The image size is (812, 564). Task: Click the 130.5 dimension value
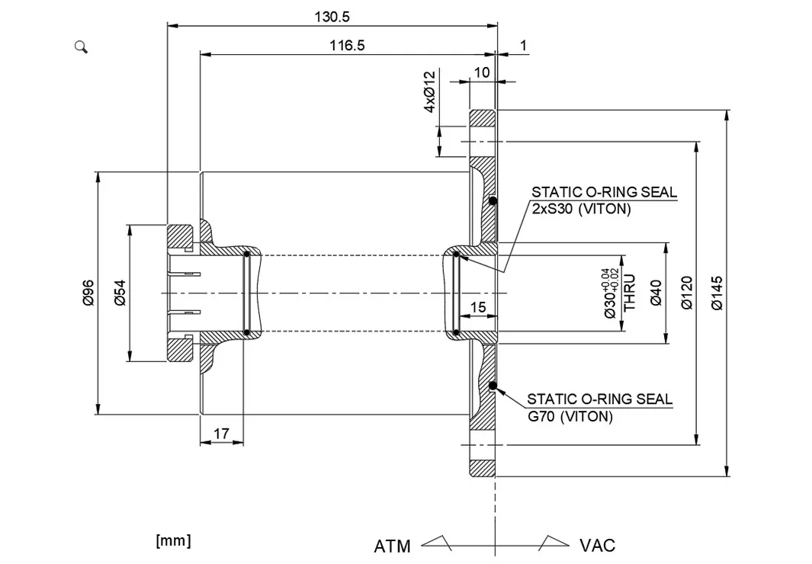coord(332,16)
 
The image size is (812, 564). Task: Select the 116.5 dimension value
coord(347,46)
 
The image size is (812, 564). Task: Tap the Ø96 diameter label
coord(88,293)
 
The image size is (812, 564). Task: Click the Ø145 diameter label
coord(717,293)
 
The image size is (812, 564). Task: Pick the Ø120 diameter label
coord(686,293)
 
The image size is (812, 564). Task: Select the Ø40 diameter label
coord(656,293)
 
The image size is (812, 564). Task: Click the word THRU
coord(631,293)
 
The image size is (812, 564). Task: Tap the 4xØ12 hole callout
coord(429,91)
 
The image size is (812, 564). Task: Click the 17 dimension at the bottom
coord(221,434)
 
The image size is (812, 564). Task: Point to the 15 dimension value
coord(478,307)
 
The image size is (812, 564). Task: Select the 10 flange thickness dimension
coord(482,72)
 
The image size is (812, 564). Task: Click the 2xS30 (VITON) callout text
coord(581,209)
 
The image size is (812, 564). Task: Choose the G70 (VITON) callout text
coord(570,416)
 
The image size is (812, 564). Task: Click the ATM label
coord(392,546)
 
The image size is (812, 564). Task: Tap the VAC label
coord(597,545)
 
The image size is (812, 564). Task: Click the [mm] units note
coord(173,540)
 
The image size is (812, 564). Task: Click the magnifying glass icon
coord(82,47)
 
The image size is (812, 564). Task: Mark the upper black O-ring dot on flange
coord(493,201)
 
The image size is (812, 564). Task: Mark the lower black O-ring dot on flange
coord(493,386)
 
